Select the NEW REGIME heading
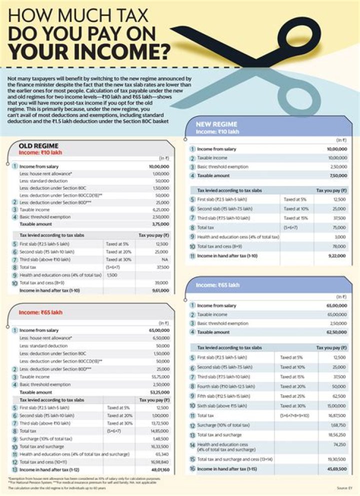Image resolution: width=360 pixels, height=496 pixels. [216, 124]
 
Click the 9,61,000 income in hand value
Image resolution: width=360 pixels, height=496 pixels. [159, 290]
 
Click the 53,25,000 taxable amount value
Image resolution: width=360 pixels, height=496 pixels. [159, 392]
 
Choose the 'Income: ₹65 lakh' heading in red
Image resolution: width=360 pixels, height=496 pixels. [38, 312]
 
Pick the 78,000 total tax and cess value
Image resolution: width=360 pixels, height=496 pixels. [338, 246]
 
